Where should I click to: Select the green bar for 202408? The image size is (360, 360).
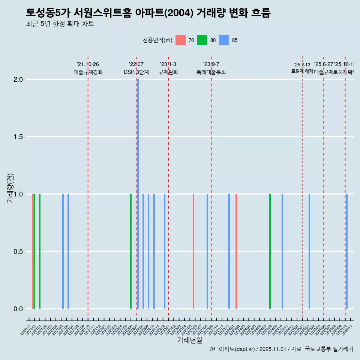point(270,251)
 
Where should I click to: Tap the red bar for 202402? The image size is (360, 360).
point(236,251)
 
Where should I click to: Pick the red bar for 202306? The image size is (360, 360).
point(193,251)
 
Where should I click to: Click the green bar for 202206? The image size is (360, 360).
point(131,251)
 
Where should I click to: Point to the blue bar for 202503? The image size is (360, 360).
point(309,251)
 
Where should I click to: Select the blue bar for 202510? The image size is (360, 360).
point(347,251)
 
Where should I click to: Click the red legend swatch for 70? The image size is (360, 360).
point(181,40)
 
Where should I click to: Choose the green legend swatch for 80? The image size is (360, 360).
point(202,40)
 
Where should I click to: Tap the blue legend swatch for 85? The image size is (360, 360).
point(224,40)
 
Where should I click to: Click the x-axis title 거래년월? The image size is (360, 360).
point(189,340)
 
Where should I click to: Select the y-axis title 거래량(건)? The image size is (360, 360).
point(10,187)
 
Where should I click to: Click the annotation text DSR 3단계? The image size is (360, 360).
point(136,72)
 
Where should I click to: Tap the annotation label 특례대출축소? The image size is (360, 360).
point(211,72)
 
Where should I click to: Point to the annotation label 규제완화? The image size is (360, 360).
point(168,72)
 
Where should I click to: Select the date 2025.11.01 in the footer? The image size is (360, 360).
point(273,349)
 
